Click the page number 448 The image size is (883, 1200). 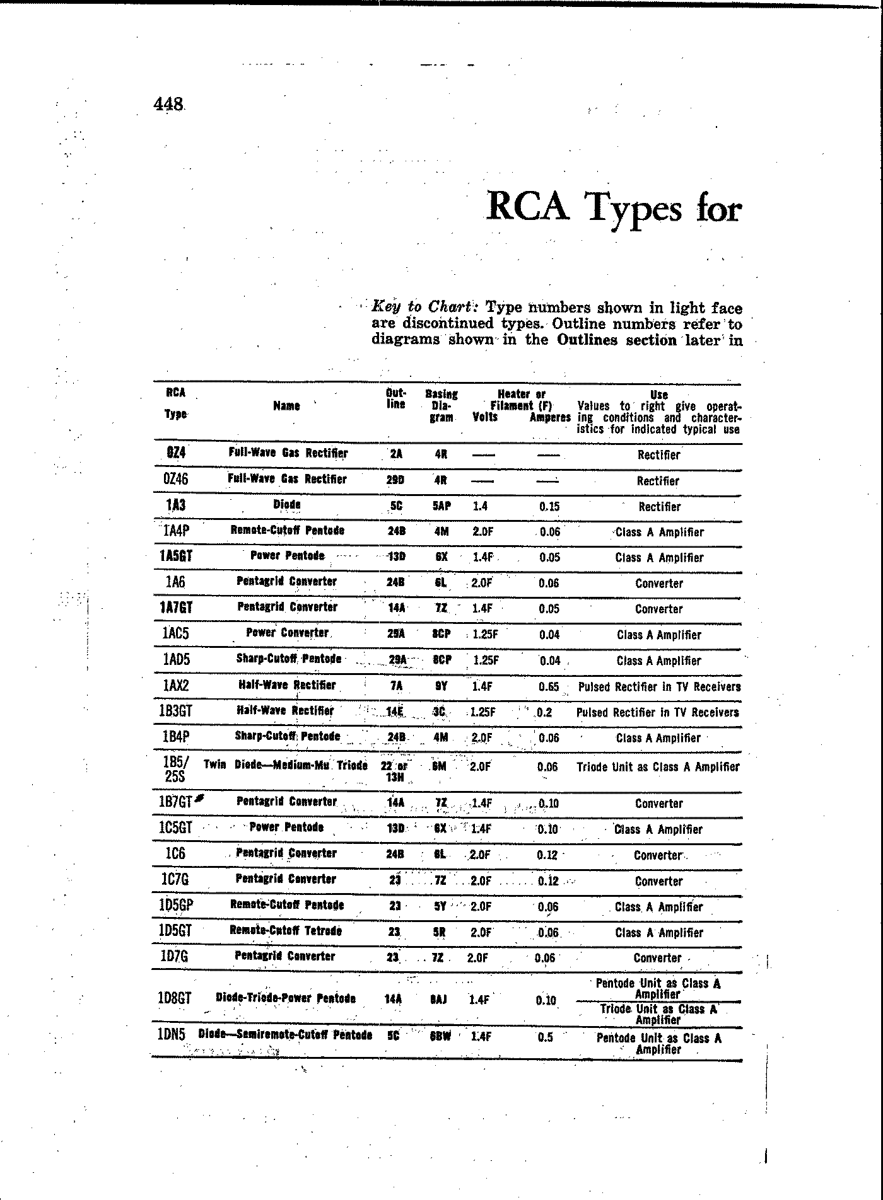click(x=168, y=103)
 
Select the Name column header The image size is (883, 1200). click(x=286, y=406)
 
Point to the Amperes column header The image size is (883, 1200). click(x=549, y=417)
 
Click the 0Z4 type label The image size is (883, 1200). click(x=176, y=453)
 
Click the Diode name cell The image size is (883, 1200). click(x=287, y=505)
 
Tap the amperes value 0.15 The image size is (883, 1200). click(x=549, y=506)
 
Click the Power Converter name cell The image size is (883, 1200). click(x=287, y=633)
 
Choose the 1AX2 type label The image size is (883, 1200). click(x=176, y=686)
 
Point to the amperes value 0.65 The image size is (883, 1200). click(x=549, y=686)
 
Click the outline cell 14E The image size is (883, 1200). click(x=395, y=712)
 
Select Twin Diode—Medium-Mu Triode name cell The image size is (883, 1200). click(x=286, y=766)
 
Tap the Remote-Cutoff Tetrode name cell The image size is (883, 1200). click(x=286, y=931)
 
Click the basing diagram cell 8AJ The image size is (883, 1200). click(x=440, y=999)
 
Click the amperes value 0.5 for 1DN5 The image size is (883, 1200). click(x=546, y=1037)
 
